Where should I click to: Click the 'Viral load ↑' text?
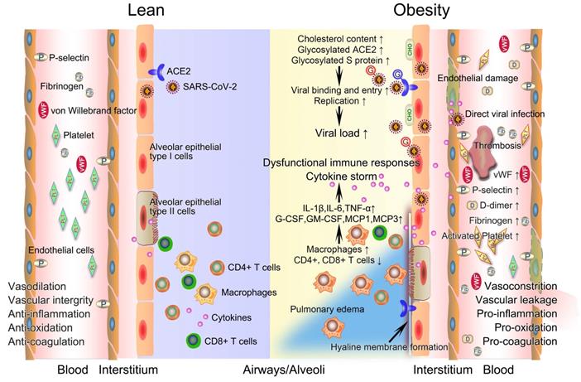tap(341, 132)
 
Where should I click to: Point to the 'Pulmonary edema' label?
tap(323, 309)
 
